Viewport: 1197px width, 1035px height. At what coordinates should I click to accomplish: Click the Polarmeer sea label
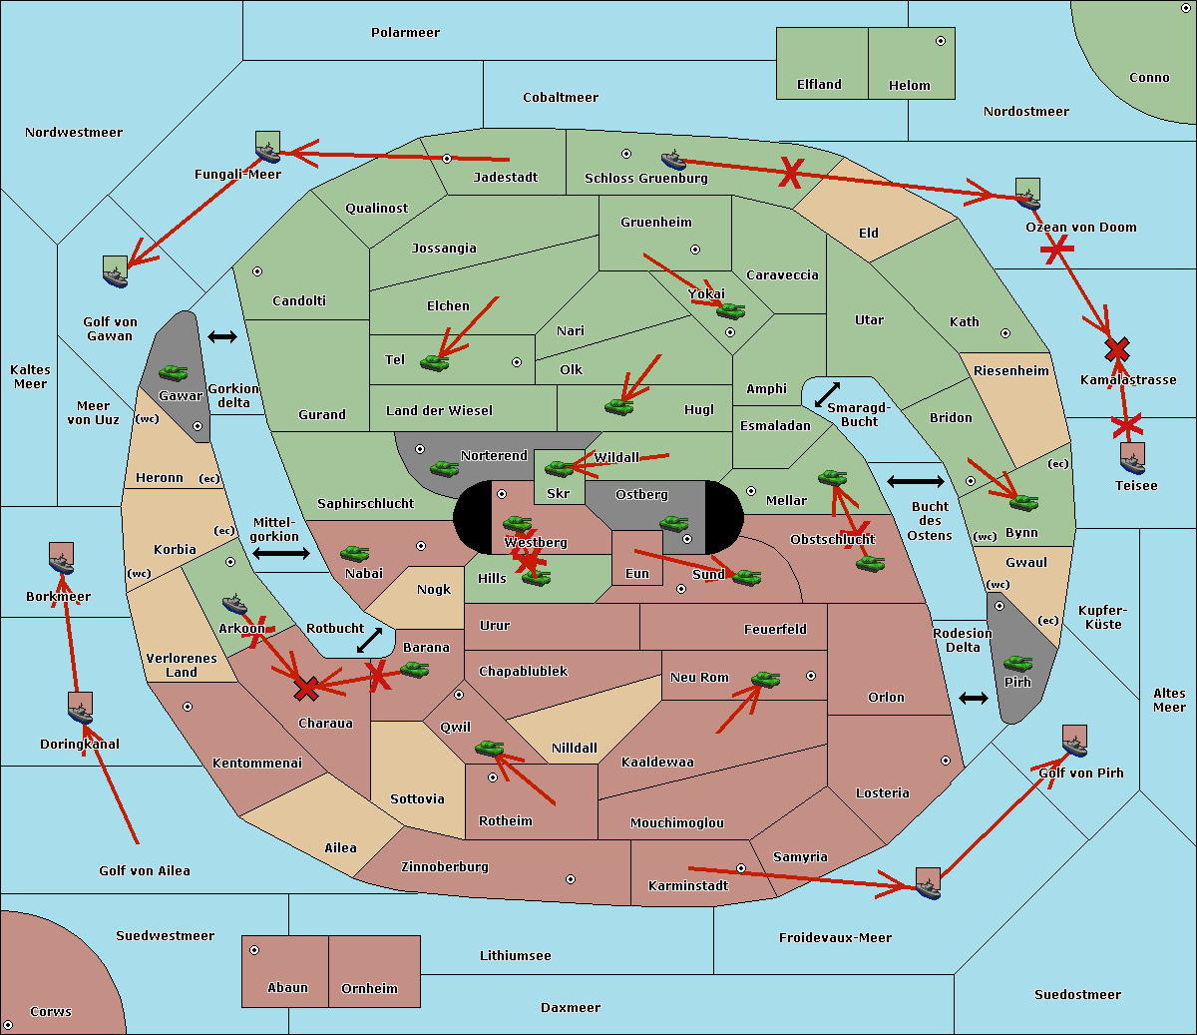405,33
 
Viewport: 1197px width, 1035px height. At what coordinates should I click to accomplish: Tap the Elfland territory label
819,85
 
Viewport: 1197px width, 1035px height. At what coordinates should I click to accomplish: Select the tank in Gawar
174,373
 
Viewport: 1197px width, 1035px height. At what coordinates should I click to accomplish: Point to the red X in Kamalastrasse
1117,349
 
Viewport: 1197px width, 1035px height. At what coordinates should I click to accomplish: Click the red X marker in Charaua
306,688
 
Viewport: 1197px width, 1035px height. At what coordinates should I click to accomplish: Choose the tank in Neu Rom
765,680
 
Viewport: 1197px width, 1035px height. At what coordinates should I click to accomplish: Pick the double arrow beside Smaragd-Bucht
827,395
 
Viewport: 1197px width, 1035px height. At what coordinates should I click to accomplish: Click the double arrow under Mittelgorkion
281,553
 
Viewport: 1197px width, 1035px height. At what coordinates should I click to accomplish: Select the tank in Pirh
1017,663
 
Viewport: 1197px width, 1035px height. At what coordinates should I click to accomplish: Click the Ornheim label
369,989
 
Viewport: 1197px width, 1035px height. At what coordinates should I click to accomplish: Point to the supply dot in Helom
940,41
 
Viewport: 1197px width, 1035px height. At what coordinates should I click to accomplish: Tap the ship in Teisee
1132,460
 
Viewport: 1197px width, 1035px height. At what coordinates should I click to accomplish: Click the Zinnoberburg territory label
445,867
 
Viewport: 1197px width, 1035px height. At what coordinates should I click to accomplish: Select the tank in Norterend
444,468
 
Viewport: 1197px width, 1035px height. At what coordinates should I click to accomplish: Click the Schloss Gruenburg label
645,179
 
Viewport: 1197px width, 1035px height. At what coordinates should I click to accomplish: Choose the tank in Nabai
354,554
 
